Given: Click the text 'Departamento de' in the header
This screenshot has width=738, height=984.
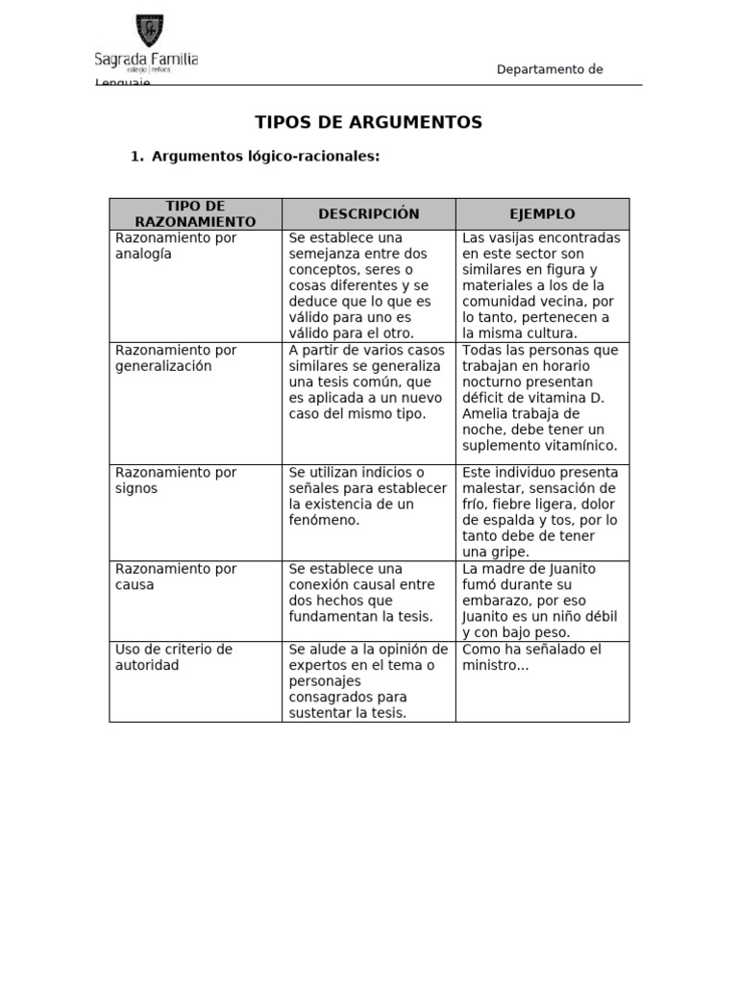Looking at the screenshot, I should (x=550, y=69).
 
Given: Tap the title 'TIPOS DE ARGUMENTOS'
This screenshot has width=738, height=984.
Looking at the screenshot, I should (x=368, y=122).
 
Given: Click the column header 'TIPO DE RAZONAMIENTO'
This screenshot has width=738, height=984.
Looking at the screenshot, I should (x=195, y=214).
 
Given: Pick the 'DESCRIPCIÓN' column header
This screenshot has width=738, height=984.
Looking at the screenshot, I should (x=369, y=213).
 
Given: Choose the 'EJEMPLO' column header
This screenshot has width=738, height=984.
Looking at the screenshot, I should (x=542, y=214).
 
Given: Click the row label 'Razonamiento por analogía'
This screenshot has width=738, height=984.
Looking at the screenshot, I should (x=176, y=246).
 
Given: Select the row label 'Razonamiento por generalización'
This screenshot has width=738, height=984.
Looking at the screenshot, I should (x=176, y=358).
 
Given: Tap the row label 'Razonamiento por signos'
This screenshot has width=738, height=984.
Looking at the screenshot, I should (x=176, y=480).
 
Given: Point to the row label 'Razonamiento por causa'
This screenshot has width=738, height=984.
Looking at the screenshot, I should (x=176, y=577).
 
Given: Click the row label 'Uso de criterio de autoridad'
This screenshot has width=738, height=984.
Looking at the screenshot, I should (x=174, y=657).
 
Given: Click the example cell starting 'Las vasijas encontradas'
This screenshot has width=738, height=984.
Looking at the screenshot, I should (x=542, y=285).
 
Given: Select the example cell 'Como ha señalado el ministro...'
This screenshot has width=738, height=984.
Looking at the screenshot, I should (x=531, y=657).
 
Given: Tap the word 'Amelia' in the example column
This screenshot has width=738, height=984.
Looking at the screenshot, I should (x=486, y=414).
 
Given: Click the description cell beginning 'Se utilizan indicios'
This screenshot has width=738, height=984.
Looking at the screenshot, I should (x=368, y=496).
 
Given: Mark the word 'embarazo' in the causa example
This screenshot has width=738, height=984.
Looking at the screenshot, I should (x=497, y=601).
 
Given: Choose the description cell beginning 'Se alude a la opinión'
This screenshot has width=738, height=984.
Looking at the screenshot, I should (x=368, y=680).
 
